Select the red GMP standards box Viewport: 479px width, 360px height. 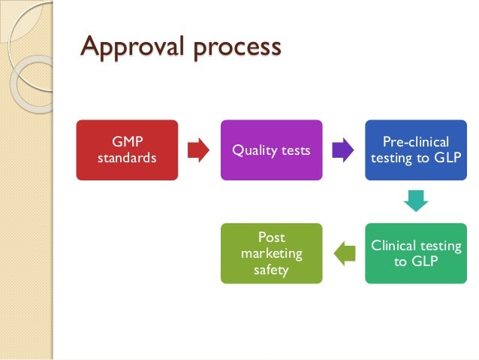pos(127,150)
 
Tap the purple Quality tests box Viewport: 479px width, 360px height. pos(271,150)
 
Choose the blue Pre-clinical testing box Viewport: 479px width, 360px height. pos(416,150)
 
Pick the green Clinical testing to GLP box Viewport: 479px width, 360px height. pos(416,253)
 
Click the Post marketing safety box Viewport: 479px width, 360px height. pos(271,253)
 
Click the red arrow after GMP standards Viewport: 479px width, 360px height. pos(197,150)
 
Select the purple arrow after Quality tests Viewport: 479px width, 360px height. pos(343,150)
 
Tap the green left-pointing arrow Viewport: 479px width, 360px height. pos(344,253)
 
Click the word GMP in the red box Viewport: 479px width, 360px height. pos(126,142)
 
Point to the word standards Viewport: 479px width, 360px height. pos(127,158)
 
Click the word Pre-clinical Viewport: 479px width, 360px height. pos(416,142)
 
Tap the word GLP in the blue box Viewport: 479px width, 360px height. pos(446,159)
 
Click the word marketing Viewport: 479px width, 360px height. pos(271,253)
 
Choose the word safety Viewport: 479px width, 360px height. pos(271,269)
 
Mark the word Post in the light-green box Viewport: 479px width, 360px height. pos(271,237)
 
